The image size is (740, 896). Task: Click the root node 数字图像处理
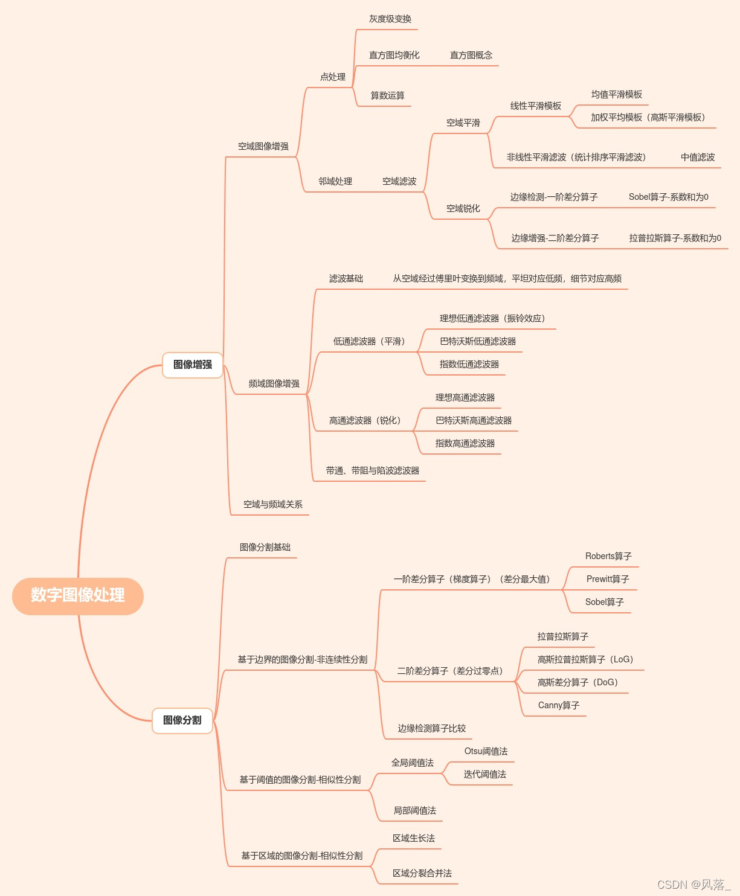pyautogui.click(x=78, y=595)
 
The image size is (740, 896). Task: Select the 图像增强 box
pyautogui.click(x=193, y=365)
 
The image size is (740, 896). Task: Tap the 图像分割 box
pyautogui.click(x=182, y=720)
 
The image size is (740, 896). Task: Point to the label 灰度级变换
pyautogui.click(x=390, y=19)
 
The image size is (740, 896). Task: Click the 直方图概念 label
pyautogui.click(x=471, y=56)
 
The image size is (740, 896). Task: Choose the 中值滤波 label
pyautogui.click(x=698, y=158)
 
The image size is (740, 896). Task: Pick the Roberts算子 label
pyautogui.click(x=608, y=557)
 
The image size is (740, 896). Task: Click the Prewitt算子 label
pyautogui.click(x=608, y=580)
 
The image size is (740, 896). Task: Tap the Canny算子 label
pyautogui.click(x=559, y=706)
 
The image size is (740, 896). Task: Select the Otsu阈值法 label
pyautogui.click(x=486, y=752)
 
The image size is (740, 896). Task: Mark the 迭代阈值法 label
pyautogui.click(x=484, y=775)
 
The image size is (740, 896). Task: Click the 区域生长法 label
pyautogui.click(x=414, y=839)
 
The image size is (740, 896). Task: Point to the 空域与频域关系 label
pyautogui.click(x=273, y=505)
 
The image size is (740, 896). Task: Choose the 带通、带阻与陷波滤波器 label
pyautogui.click(x=373, y=471)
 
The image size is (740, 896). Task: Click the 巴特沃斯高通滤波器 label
pyautogui.click(x=474, y=421)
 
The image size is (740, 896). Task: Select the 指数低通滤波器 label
pyautogui.click(x=469, y=365)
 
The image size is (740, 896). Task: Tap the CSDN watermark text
pyautogui.click(x=693, y=885)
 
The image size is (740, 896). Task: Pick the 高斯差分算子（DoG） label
pyautogui.click(x=578, y=683)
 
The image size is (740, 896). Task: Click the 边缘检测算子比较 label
pyautogui.click(x=432, y=729)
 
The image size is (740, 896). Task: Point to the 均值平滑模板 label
pyautogui.click(x=617, y=95)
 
